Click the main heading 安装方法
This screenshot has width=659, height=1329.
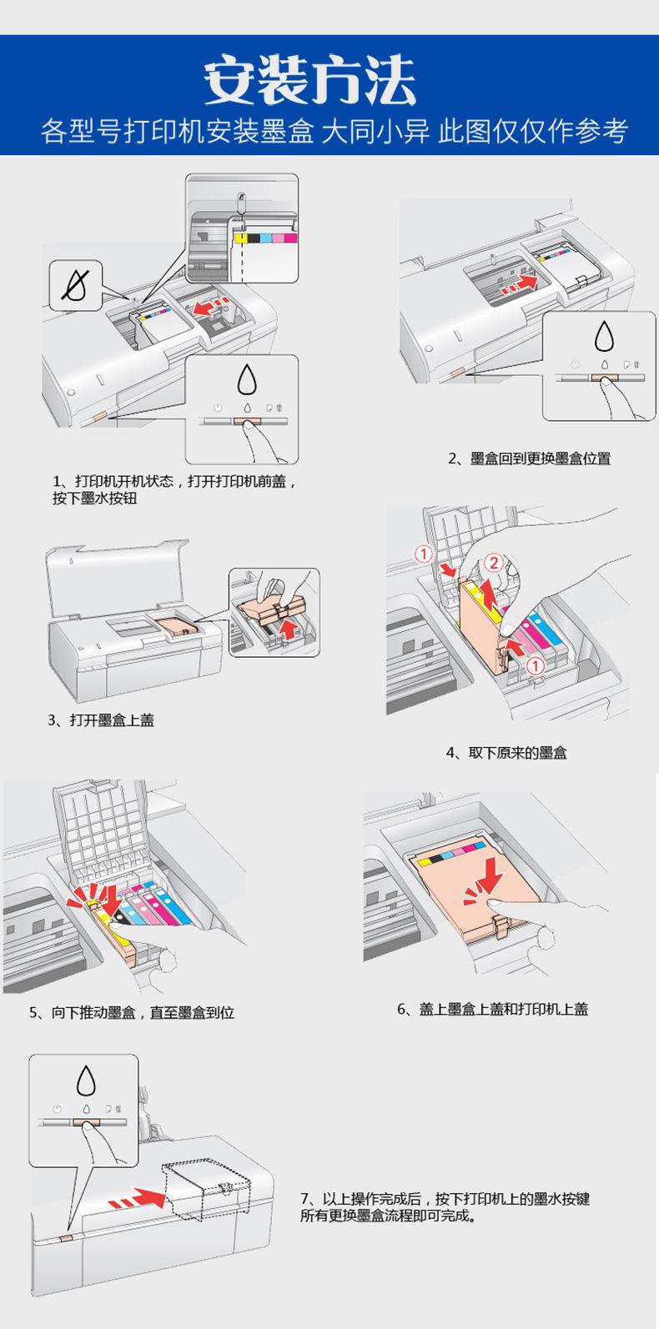[x=309, y=79]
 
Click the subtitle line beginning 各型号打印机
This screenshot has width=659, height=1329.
[x=335, y=131]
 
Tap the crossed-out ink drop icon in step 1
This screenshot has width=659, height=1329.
[x=76, y=285]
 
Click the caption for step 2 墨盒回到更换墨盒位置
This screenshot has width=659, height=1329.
[x=529, y=458]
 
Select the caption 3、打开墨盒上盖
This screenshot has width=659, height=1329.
[x=101, y=720]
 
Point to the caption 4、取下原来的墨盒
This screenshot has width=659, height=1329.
[x=506, y=753]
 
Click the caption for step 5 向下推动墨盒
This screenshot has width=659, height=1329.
[x=132, y=1012]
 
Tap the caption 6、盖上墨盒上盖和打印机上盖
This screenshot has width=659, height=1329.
[x=492, y=1009]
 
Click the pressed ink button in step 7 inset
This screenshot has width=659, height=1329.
[x=88, y=1122]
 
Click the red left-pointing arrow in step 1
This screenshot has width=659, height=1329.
[x=211, y=307]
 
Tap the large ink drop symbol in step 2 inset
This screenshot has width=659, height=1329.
[x=605, y=336]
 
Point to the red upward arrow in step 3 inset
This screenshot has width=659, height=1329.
[x=288, y=629]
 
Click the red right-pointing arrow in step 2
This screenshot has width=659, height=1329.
[x=520, y=285]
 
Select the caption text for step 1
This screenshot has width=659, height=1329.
[x=174, y=489]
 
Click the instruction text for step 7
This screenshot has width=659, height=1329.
[x=445, y=1206]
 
